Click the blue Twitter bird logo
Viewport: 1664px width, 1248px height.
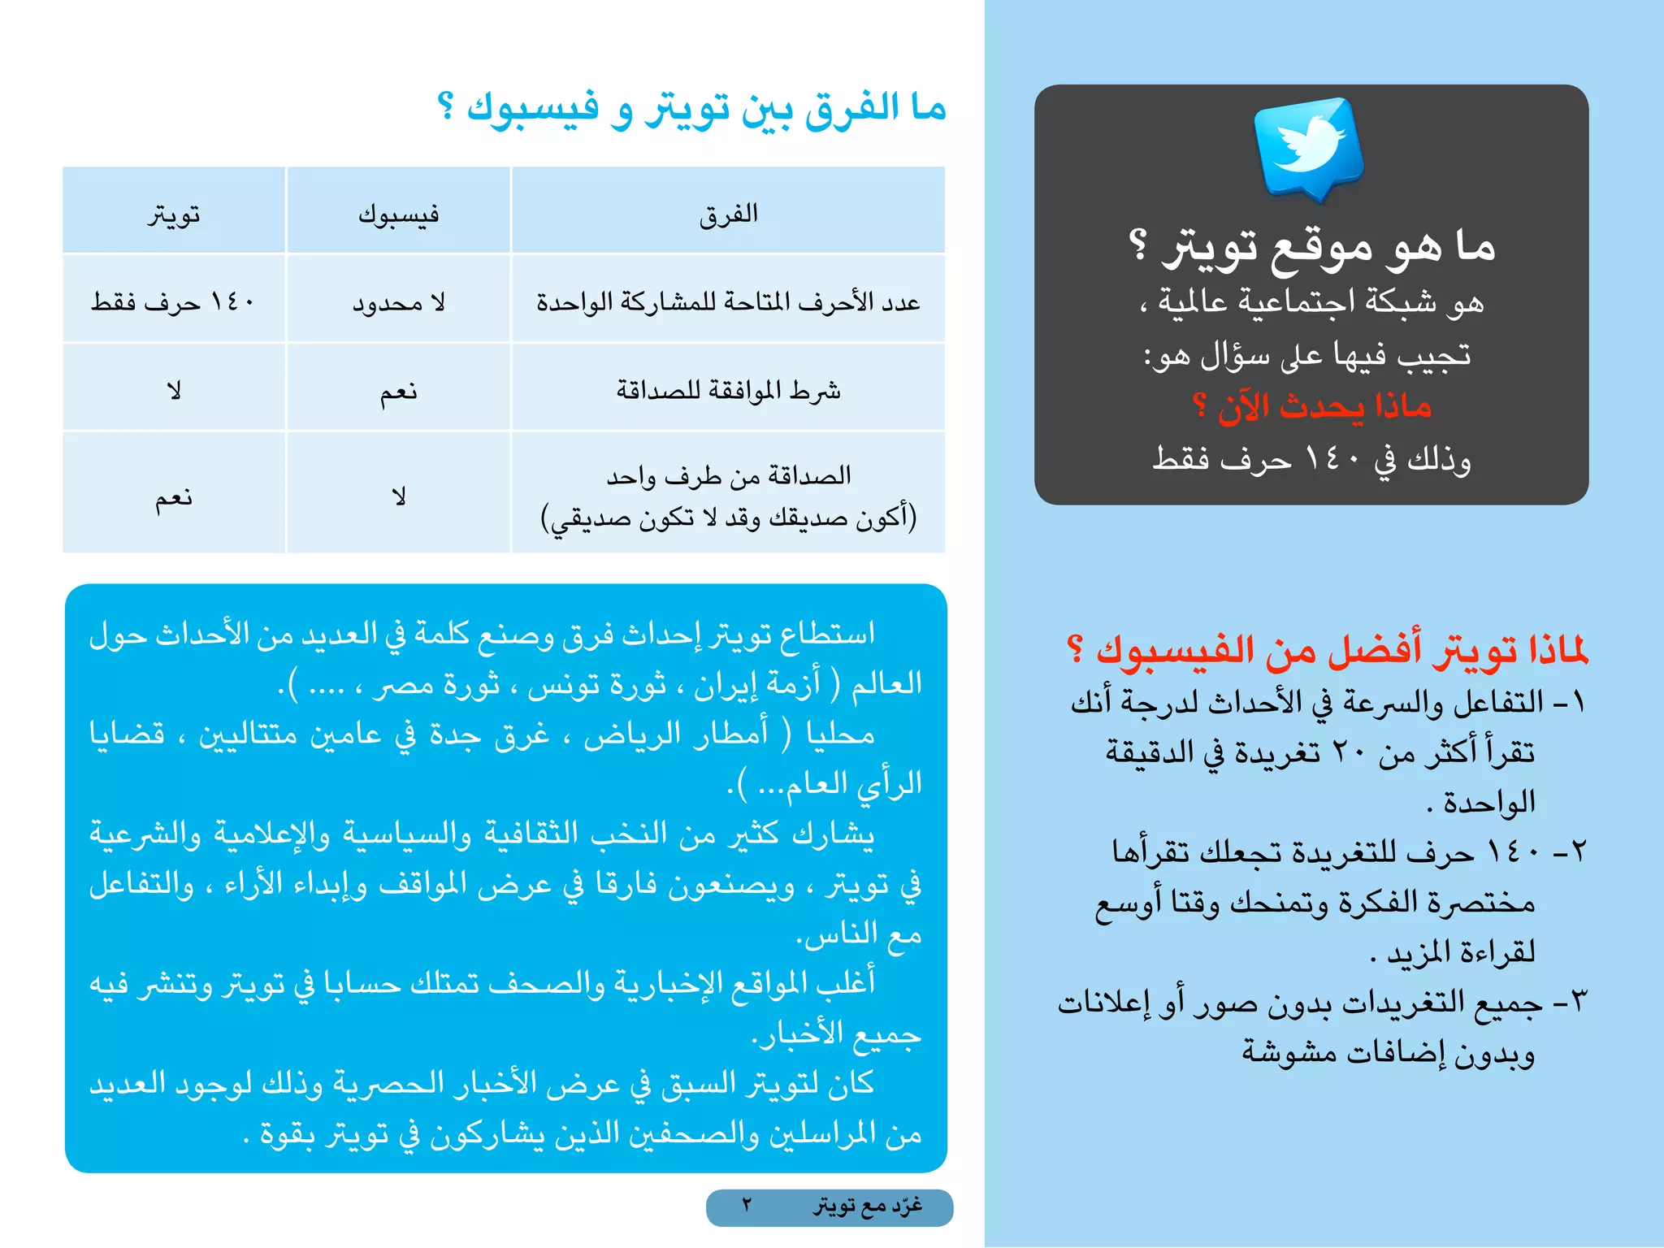tap(1307, 146)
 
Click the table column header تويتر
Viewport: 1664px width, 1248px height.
tap(174, 214)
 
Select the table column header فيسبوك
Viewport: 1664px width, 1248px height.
tap(398, 214)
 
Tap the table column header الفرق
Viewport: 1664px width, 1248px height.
tap(728, 214)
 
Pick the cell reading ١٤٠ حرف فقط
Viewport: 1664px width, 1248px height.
tap(173, 302)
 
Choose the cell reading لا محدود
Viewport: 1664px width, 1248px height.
tap(398, 303)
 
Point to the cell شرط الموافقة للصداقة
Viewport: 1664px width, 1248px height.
tap(728, 391)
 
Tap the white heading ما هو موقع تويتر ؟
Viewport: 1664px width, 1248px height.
tap(1311, 245)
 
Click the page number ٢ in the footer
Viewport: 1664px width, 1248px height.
tap(747, 1205)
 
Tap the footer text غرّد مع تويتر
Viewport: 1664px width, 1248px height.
tap(868, 1206)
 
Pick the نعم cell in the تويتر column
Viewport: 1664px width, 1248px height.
tap(174, 497)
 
